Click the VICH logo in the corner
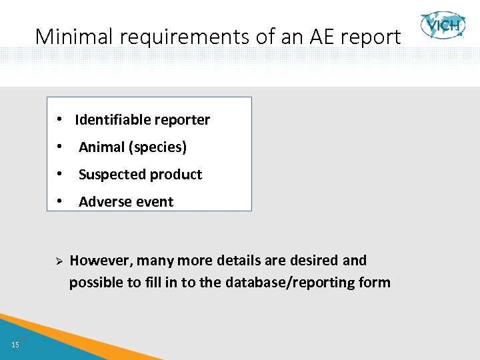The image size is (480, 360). click(x=443, y=27)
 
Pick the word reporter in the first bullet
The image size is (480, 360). click(x=183, y=120)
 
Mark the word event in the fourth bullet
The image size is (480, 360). click(x=155, y=202)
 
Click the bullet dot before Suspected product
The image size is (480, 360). click(x=59, y=175)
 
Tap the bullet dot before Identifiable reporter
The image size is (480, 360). click(x=59, y=120)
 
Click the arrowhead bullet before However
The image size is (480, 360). click(x=58, y=261)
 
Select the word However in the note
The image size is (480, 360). click(x=101, y=260)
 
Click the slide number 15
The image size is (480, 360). click(x=15, y=344)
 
